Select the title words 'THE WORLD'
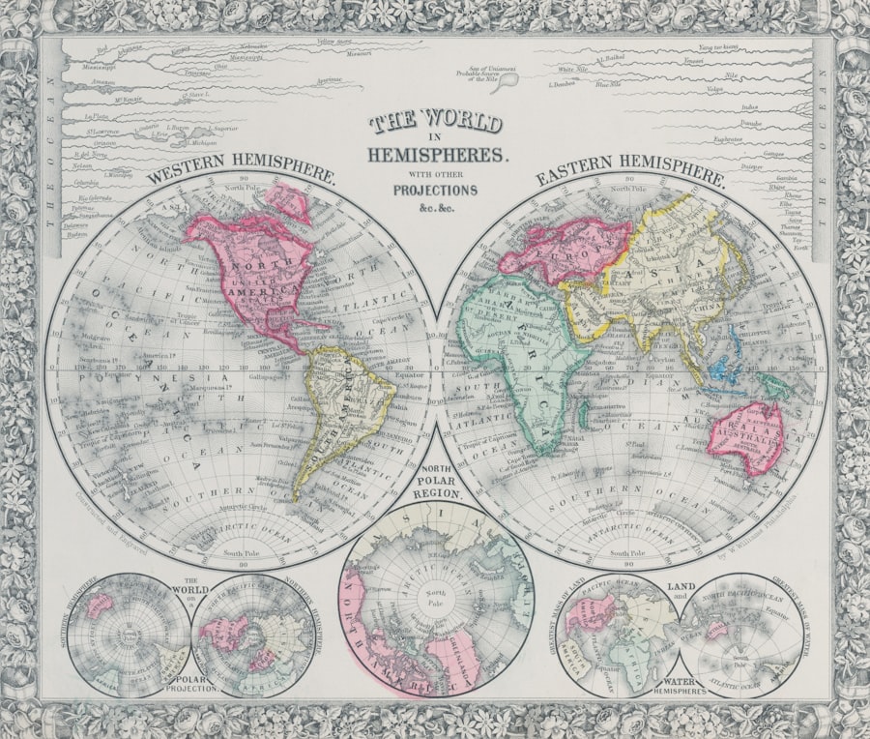(x=436, y=123)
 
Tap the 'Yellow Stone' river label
(x=334, y=44)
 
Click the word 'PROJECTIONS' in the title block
(x=435, y=190)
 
